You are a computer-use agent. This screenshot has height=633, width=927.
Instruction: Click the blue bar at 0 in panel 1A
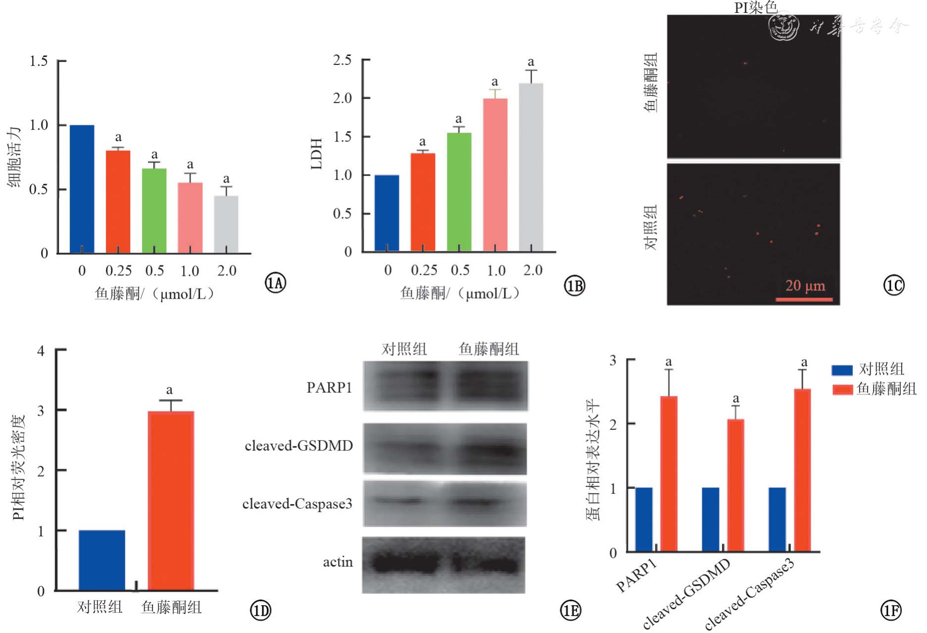pyautogui.click(x=82, y=189)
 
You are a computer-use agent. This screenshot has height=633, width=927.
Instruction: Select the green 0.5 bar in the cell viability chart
pyautogui.click(x=154, y=211)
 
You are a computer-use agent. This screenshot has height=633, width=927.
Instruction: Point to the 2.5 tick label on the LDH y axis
pyautogui.click(x=342, y=60)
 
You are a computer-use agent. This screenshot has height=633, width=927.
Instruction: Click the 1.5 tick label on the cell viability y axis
pyautogui.click(x=39, y=61)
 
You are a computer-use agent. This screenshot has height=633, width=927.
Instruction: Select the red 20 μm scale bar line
pyautogui.click(x=804, y=299)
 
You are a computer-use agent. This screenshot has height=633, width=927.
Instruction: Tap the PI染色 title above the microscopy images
pyautogui.click(x=755, y=7)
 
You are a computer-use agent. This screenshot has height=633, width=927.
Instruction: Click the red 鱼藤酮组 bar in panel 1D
pyautogui.click(x=171, y=500)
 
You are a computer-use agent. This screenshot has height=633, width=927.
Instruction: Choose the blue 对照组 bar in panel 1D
pyautogui.click(x=101, y=560)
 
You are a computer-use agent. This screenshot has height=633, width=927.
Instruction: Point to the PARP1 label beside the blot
pyautogui.click(x=329, y=387)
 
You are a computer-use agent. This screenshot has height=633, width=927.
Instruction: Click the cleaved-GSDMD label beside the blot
pyautogui.click(x=298, y=446)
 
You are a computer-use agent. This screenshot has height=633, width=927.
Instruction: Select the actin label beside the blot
pyautogui.click(x=338, y=562)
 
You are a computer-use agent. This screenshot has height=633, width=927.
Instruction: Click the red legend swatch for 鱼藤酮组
pyautogui.click(x=842, y=389)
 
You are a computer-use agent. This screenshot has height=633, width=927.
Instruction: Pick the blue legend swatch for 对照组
pyautogui.click(x=842, y=369)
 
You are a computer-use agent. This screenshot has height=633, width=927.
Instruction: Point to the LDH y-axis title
pyautogui.click(x=317, y=154)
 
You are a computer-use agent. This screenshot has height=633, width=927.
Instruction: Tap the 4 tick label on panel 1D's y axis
pyautogui.click(x=41, y=351)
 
